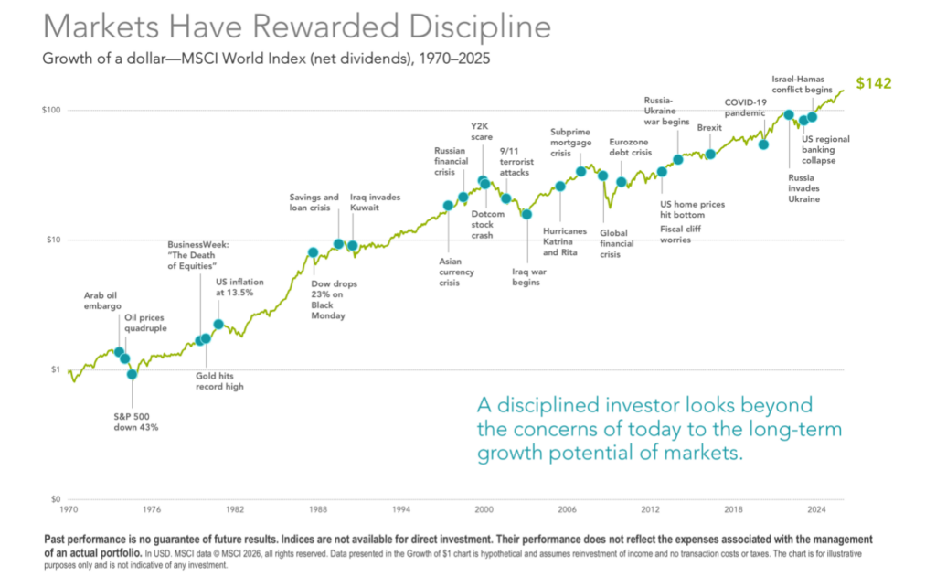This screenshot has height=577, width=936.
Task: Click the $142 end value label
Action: point(873,83)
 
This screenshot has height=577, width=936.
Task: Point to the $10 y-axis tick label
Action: point(51,240)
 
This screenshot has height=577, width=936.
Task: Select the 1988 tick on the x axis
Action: point(317,508)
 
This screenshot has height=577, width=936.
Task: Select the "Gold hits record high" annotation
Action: point(219,380)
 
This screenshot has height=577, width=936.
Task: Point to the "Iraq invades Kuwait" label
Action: point(375,202)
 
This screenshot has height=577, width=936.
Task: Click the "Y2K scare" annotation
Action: point(482,131)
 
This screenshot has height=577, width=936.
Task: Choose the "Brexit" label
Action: point(709,128)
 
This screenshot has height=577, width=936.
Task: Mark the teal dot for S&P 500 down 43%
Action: point(132,374)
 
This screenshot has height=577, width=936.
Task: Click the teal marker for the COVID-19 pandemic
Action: point(763,144)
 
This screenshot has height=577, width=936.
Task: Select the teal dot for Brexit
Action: point(710,155)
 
